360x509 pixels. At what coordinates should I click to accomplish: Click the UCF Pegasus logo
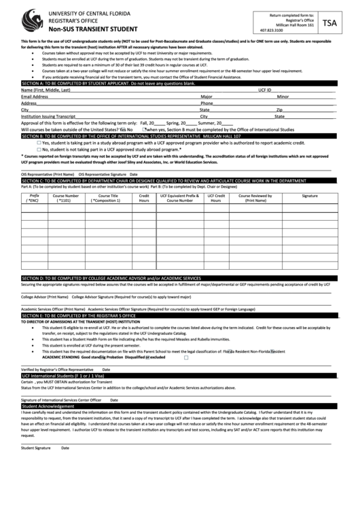31,20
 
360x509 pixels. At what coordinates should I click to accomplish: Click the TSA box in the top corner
329,22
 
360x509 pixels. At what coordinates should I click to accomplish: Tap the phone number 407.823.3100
272,31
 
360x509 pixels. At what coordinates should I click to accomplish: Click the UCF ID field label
264,90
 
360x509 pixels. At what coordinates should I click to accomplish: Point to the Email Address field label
35,96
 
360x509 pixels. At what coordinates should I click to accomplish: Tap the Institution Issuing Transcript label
48,116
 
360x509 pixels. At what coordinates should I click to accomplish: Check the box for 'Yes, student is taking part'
39,143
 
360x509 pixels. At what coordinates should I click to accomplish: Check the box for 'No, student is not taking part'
39,149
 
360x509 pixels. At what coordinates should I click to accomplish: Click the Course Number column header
66,198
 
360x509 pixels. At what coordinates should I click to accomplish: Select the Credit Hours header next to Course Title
144,198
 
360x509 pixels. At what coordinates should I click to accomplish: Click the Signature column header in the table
310,196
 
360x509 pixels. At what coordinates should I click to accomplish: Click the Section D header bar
179,278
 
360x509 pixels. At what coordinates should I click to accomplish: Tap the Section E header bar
179,316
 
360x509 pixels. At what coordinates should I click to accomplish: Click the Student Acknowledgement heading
179,406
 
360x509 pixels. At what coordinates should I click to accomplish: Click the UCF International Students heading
179,375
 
